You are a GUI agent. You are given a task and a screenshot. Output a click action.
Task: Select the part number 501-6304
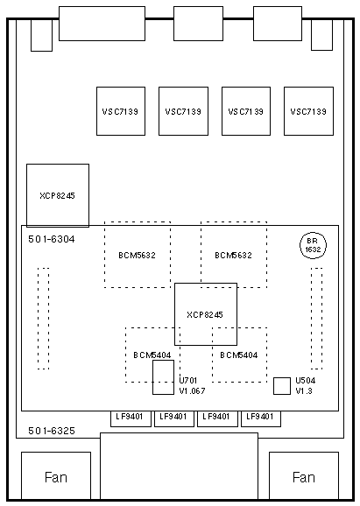52,239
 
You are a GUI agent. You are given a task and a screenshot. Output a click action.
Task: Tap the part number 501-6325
52,431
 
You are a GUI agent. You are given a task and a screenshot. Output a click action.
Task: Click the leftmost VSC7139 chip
121,111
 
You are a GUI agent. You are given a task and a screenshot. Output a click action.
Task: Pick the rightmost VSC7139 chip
308,111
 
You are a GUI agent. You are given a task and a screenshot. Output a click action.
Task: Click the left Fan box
56,475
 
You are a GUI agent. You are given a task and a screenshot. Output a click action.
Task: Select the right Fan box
304,475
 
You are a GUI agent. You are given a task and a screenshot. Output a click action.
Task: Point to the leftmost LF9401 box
131,418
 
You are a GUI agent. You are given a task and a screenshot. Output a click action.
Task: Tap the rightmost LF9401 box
261,418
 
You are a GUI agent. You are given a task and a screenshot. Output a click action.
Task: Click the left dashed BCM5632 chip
138,255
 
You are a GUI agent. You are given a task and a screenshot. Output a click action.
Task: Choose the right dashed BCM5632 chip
234,255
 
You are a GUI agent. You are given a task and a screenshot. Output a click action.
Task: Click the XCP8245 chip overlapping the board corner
58,195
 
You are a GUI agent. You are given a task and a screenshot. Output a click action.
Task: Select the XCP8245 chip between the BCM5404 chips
206,314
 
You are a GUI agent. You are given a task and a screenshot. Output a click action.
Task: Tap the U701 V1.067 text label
192,386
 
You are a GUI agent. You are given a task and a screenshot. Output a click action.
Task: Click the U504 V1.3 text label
306,386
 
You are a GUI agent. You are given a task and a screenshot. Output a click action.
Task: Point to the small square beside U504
282,386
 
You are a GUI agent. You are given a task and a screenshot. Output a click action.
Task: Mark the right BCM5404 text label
239,355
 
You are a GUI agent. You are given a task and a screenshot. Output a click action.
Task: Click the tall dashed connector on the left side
43,318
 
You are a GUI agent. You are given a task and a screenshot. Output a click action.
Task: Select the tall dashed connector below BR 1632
317,318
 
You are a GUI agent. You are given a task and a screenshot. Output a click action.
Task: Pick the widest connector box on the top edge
102,24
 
